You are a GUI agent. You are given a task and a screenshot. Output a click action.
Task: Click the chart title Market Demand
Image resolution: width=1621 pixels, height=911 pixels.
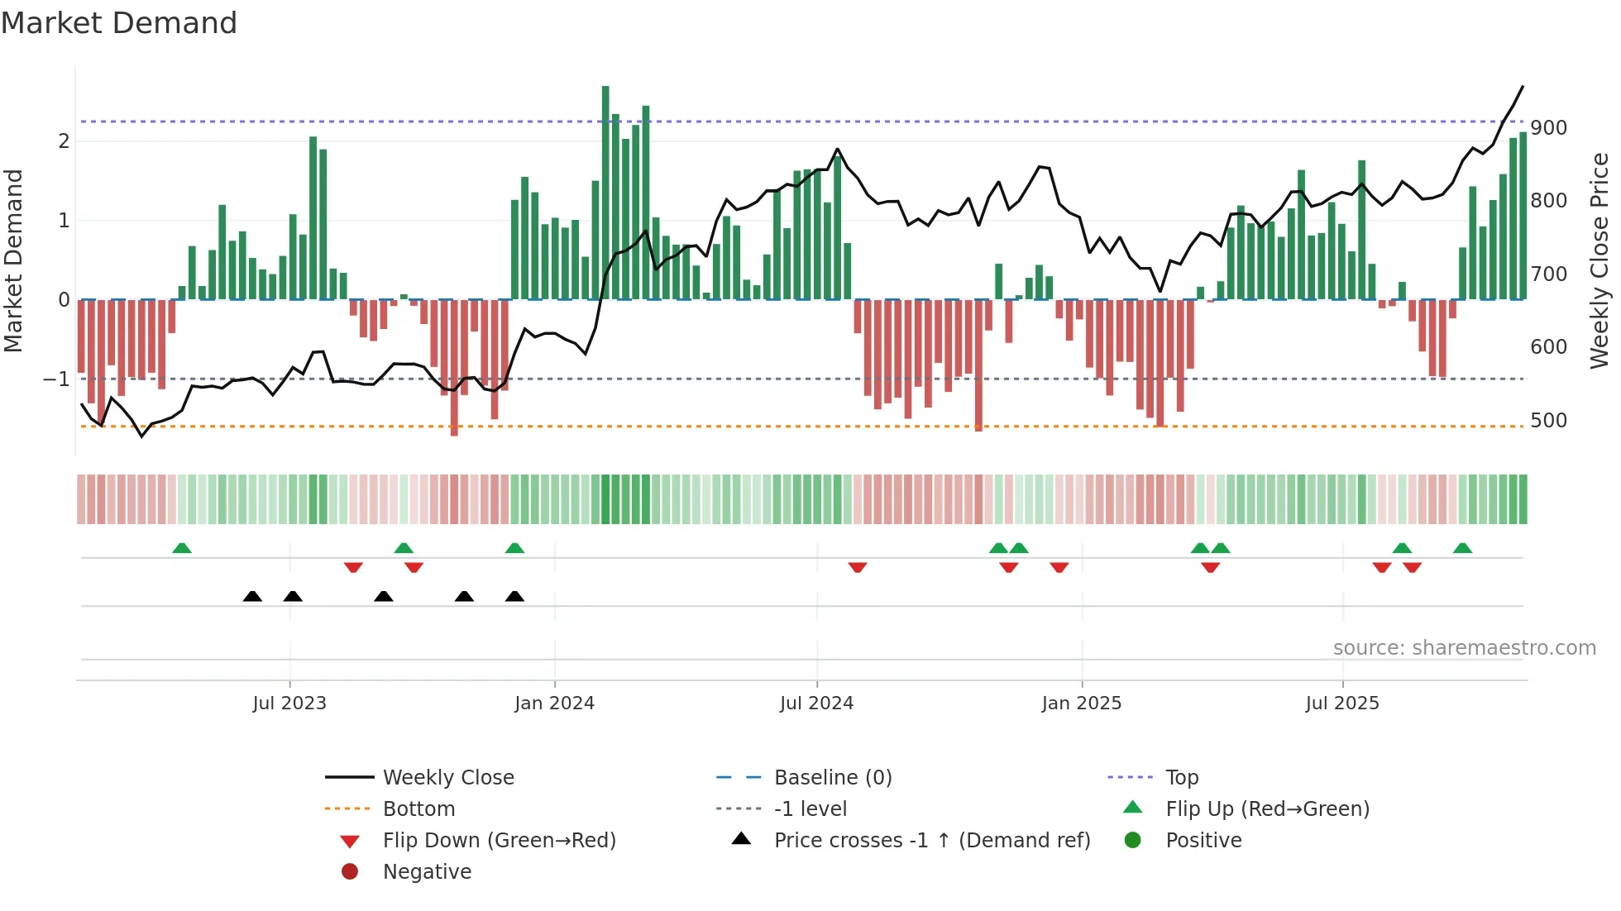119,23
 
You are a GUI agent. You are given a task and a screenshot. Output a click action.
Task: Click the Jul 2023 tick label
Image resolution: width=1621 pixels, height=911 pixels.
289,704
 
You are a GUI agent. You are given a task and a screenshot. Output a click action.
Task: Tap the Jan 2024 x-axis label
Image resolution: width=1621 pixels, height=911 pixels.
554,704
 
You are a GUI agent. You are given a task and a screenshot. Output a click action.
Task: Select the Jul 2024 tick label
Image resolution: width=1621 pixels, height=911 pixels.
816,704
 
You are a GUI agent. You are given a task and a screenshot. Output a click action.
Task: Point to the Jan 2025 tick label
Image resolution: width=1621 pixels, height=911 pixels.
1081,704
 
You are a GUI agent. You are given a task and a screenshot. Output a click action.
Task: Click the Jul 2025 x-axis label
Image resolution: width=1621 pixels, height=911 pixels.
1342,704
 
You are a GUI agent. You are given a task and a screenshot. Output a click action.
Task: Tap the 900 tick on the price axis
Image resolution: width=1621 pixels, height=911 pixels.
1548,128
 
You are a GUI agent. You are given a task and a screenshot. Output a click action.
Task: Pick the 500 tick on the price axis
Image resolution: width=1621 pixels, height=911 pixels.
1548,421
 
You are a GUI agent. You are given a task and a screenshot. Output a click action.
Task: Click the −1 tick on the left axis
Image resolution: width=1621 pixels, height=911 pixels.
56,379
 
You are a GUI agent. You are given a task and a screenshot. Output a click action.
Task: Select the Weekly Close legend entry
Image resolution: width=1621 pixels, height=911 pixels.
447,778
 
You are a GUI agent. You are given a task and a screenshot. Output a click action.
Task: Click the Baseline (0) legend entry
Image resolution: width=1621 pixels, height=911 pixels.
832,778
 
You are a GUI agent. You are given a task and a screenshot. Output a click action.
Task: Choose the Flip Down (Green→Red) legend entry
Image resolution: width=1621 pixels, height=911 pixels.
499,841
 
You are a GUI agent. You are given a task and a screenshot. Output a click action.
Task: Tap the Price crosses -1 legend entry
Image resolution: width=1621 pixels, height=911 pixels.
931,841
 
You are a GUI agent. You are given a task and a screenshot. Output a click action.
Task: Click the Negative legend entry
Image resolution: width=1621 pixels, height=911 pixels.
427,872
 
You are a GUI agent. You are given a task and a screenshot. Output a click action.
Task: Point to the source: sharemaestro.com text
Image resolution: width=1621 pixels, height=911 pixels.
1464,648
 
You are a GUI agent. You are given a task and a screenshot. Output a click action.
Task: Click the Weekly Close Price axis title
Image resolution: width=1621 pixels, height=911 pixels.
1599,260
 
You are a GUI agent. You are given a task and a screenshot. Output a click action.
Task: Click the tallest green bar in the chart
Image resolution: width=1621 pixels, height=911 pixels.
605,192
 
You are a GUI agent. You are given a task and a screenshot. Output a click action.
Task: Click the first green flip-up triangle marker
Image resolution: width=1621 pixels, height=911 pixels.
182,548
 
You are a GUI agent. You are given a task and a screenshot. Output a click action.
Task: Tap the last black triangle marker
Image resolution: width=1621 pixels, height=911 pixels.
514,597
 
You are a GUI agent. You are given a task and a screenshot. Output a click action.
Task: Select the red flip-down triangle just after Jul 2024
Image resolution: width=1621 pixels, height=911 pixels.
858,567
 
